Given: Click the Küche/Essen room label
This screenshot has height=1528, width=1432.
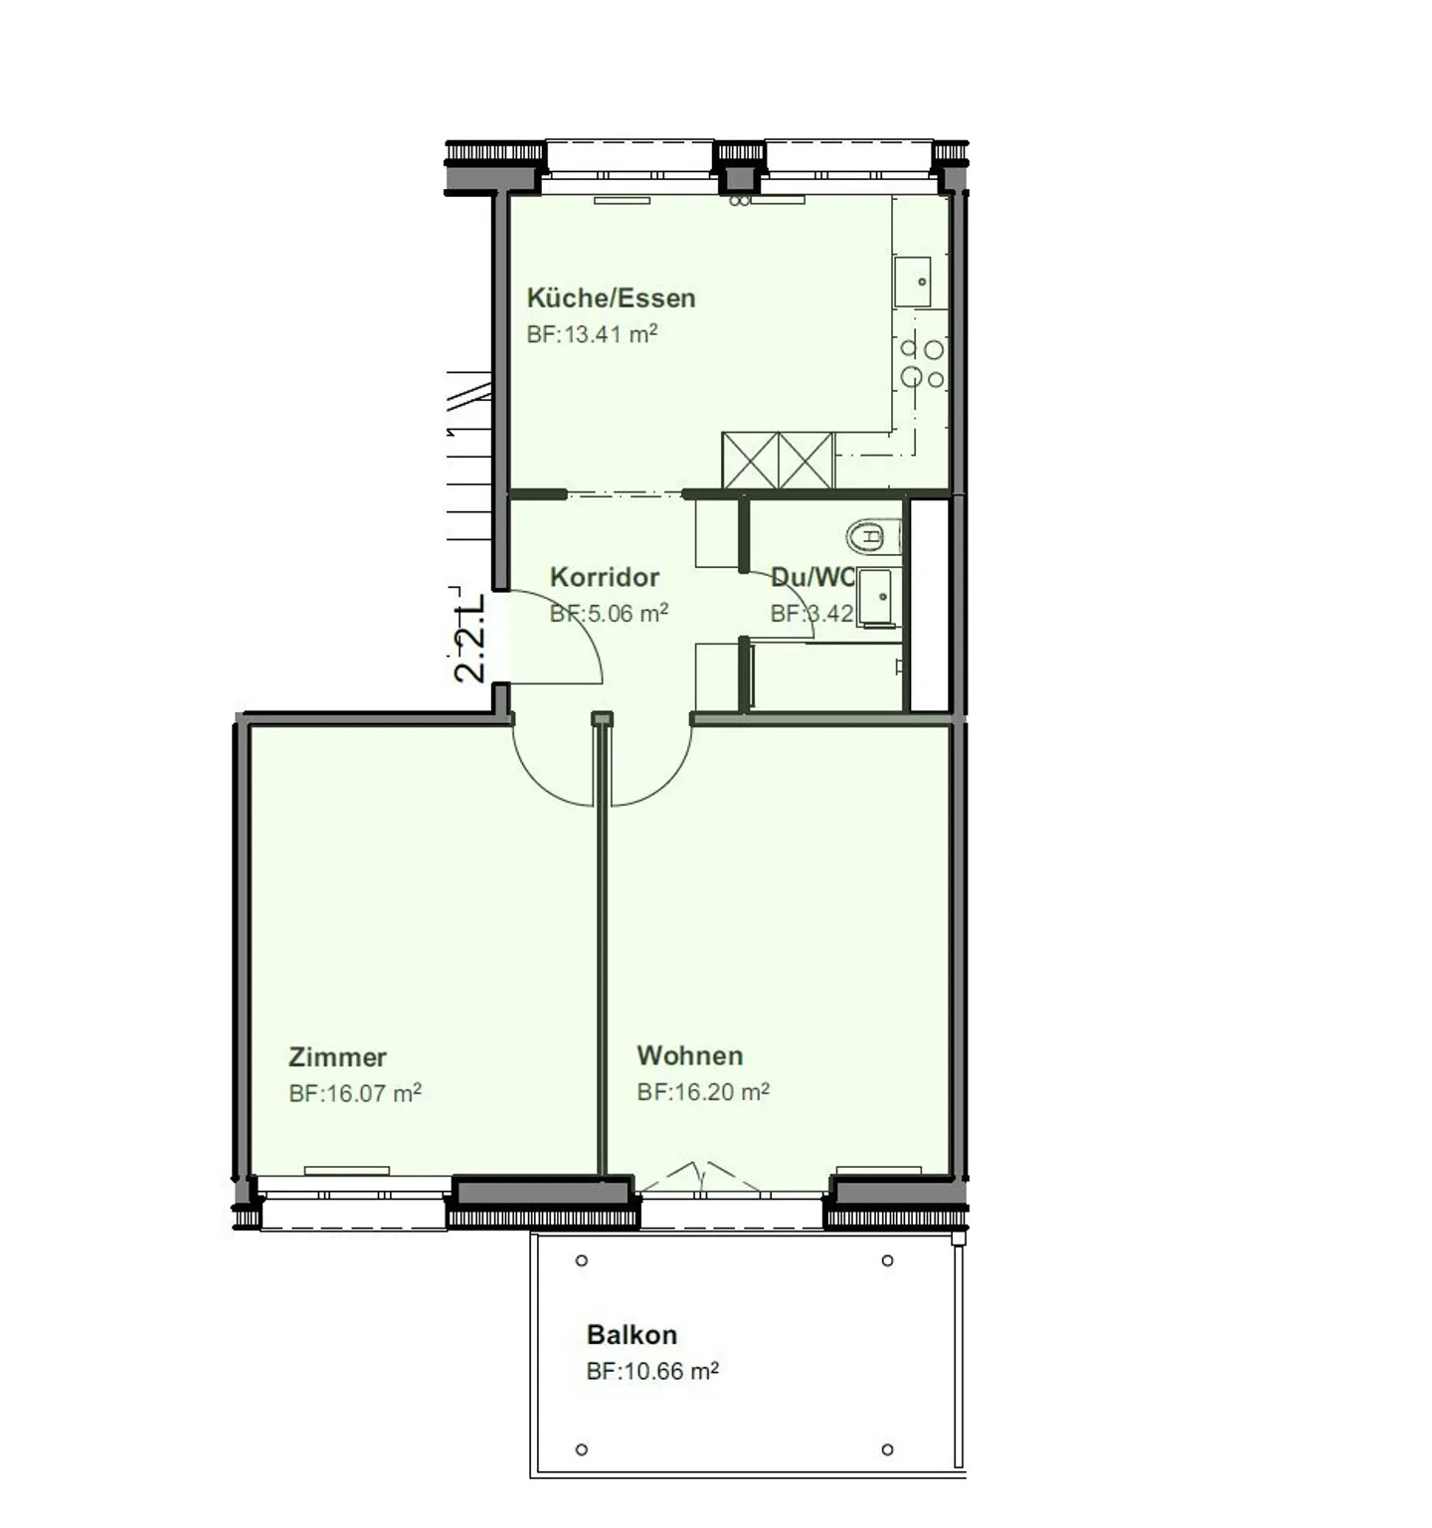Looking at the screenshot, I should pos(611,297).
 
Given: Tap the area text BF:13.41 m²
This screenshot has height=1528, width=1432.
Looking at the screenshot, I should pos(592,334).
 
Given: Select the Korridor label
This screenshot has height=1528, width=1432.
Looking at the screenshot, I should pos(605,577).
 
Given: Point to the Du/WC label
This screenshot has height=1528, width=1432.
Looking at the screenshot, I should pos(811,577).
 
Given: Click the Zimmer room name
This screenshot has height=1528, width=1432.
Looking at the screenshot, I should pos(337,1056).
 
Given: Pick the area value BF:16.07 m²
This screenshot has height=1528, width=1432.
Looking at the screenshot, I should pos(355,1093).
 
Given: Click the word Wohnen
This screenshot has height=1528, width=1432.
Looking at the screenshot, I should pos(689,1054).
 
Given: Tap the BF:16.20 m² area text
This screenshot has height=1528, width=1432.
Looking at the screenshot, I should pos(703,1091).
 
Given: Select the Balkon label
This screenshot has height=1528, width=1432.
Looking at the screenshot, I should pos(631,1334).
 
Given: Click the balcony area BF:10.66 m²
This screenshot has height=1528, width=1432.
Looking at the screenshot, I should pos(652,1371).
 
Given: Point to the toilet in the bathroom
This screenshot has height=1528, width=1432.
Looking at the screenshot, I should pos(872,537).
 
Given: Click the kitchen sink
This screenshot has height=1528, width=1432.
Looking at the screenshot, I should pos(912,282).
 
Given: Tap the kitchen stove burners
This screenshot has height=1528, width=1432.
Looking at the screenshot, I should pos(922,363).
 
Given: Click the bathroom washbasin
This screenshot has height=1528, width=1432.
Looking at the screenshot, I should pos(879,597).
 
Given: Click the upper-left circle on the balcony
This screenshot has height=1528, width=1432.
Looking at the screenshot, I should pos(582,1260).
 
